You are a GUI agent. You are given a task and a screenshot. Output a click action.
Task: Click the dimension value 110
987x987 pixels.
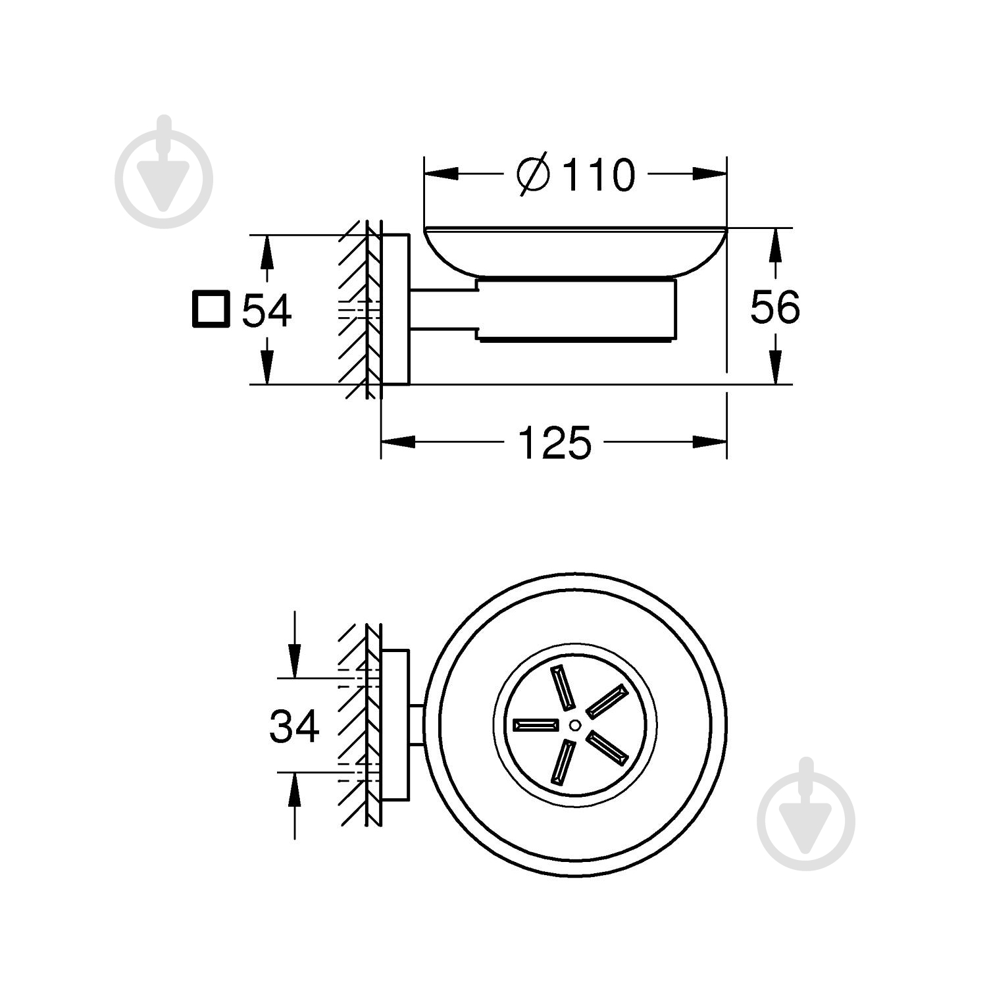click(599, 175)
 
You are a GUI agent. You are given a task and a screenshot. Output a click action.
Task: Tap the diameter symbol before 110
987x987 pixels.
click(533, 174)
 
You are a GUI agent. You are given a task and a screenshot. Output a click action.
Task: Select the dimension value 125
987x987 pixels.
click(555, 443)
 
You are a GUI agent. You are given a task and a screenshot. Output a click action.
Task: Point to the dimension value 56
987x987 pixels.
click(775, 307)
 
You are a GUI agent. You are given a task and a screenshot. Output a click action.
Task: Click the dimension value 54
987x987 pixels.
click(266, 311)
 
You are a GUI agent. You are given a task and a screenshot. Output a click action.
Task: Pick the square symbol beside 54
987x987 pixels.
click(211, 309)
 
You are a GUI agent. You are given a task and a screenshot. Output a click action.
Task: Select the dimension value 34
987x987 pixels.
click(294, 726)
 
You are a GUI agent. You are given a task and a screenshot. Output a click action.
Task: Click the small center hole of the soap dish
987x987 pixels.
click(574, 725)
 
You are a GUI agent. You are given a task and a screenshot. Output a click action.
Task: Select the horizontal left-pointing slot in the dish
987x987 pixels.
click(536, 724)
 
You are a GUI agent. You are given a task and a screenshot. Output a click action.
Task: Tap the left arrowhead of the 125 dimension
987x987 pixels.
click(399, 442)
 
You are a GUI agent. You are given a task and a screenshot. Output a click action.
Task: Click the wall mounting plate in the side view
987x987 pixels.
click(395, 309)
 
